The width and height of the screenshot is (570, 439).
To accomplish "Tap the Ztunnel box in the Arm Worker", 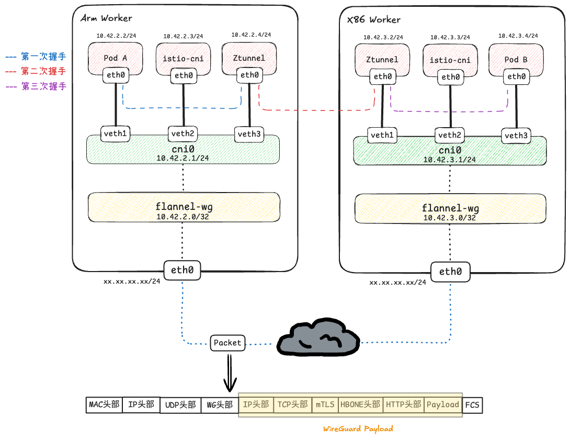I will pos(249,57).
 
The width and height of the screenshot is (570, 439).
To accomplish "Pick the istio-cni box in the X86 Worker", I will pos(450,60).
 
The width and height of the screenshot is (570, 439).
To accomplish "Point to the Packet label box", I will pos(227,343).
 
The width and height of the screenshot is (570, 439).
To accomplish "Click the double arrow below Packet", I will pos(229,373).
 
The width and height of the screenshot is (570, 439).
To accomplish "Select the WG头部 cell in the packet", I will pos(219,404).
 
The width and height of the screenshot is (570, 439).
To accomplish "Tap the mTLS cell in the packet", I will pos(325,404).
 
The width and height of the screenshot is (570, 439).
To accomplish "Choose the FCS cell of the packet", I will pos(472,404).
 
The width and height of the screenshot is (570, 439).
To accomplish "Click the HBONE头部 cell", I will pos(360,404).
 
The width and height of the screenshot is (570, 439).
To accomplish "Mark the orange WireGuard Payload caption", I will pos(358,429).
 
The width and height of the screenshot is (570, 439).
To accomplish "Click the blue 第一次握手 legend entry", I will pos(37,56).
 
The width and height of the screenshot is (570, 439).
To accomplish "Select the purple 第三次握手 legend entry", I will pos(37,86).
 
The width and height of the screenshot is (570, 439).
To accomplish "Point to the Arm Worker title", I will pos(106,18).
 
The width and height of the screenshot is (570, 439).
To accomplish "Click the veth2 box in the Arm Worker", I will pos(183,134).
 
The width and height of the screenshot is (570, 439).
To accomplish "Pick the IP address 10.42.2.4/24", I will pos(251,35).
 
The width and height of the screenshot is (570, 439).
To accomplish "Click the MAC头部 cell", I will pos(104,404).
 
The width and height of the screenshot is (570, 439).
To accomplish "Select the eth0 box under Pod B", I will pos(516,77).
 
